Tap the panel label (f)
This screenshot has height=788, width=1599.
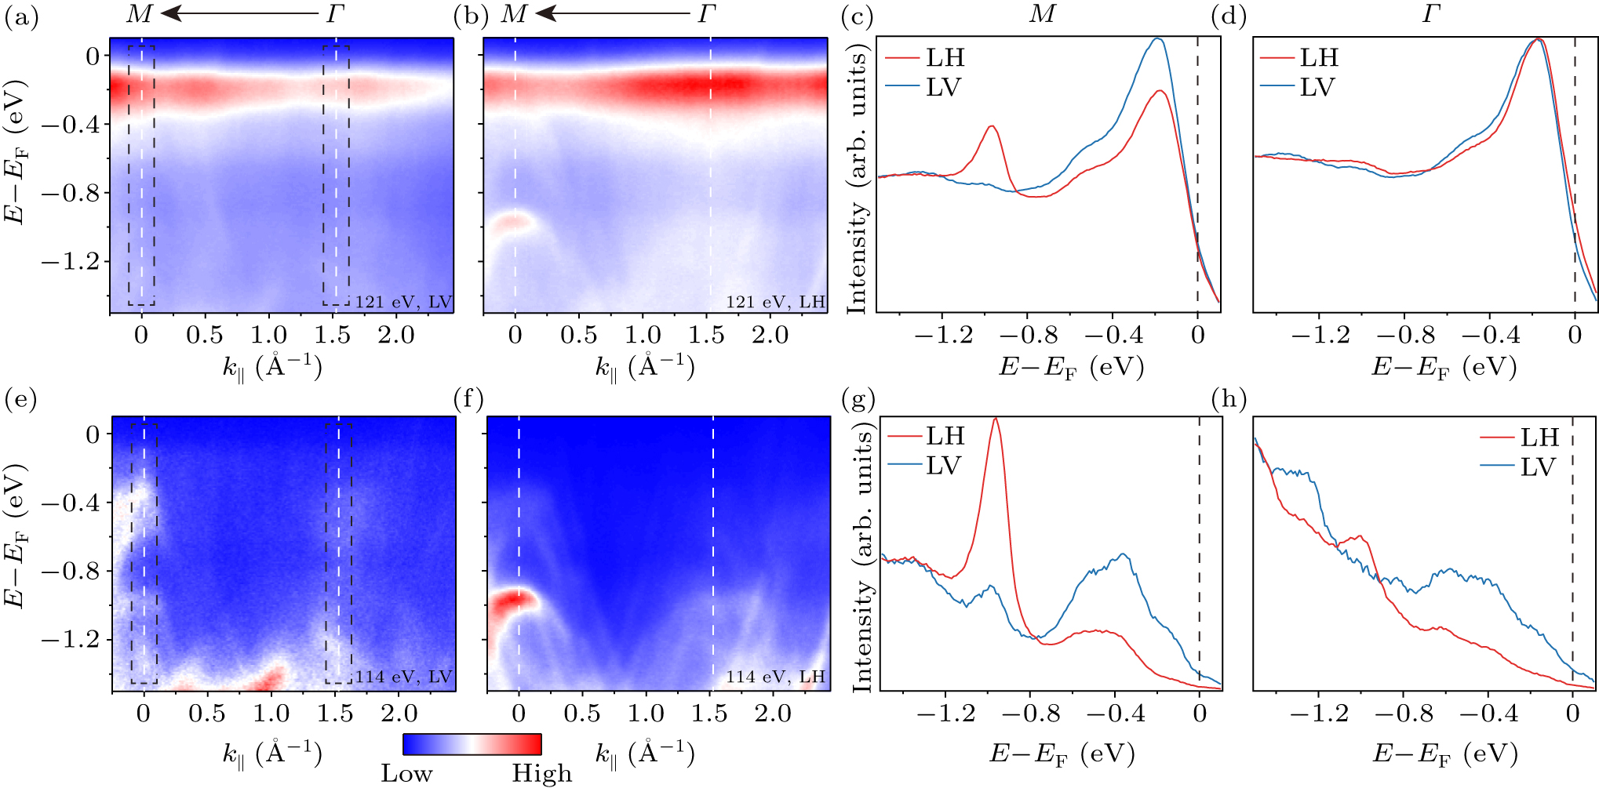pyautogui.click(x=468, y=400)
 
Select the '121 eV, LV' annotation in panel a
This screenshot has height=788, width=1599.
pyautogui.click(x=403, y=302)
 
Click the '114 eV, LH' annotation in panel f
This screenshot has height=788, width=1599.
pyautogui.click(x=775, y=677)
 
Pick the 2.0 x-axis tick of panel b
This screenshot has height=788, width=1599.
pyautogui.click(x=770, y=336)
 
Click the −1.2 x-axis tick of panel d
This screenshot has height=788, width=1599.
pyautogui.click(x=1321, y=336)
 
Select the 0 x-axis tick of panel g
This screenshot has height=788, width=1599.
pyautogui.click(x=1199, y=714)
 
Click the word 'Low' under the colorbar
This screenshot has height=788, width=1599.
pyautogui.click(x=406, y=773)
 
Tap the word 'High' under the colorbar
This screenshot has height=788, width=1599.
pyautogui.click(x=542, y=773)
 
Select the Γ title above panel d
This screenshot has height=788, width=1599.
pyautogui.click(x=1431, y=14)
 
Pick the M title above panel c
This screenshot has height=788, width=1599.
pyautogui.click(x=1042, y=14)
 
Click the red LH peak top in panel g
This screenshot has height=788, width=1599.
pyautogui.click(x=996, y=419)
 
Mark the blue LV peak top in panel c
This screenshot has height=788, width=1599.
pyautogui.click(x=1157, y=38)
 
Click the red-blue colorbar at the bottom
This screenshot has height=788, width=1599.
pyautogui.click(x=472, y=744)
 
